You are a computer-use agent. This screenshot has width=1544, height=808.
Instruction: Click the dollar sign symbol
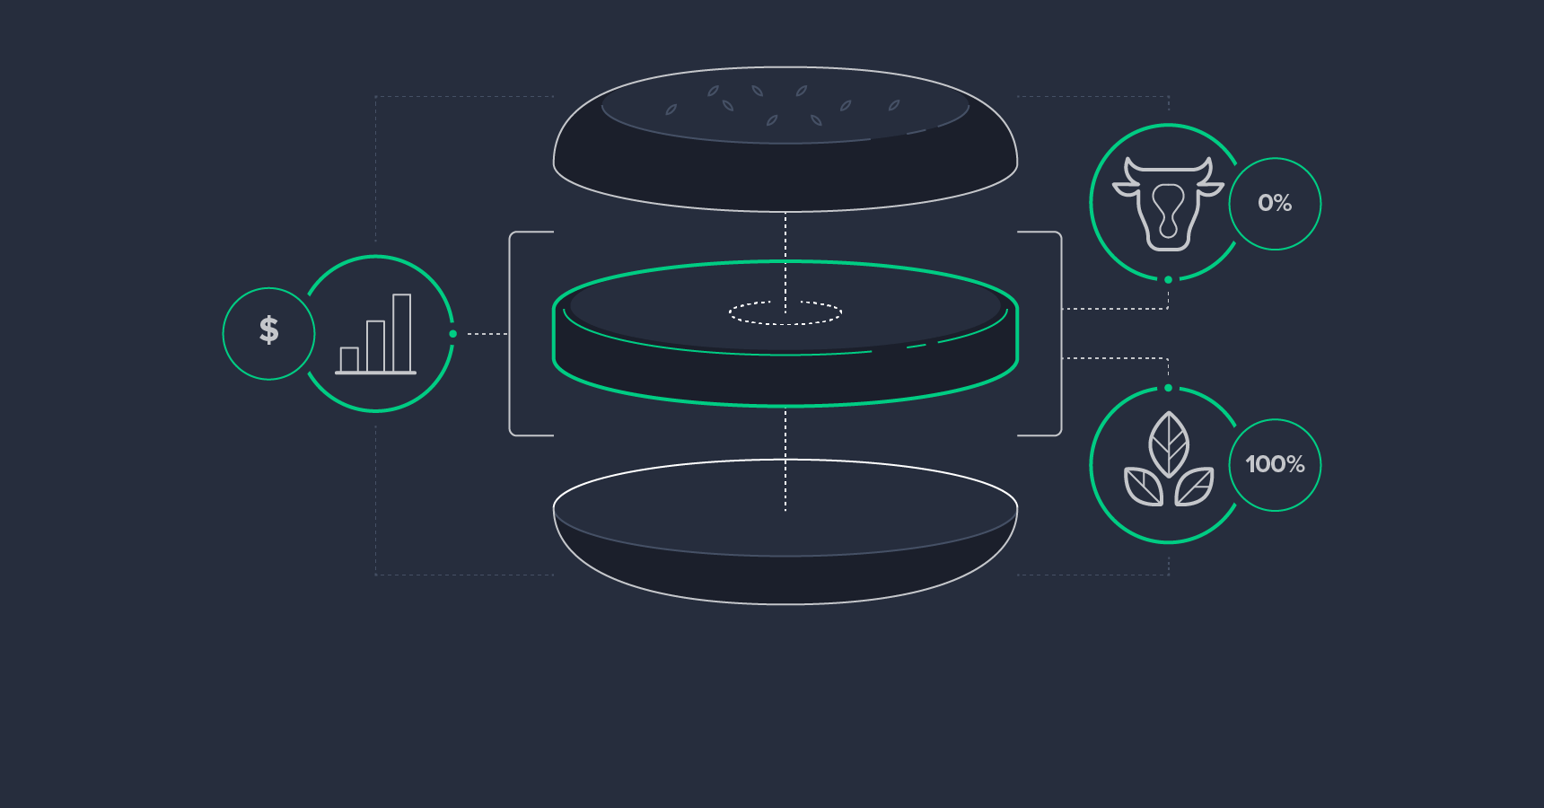point(268,330)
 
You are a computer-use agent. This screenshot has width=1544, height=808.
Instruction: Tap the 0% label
point(1275,203)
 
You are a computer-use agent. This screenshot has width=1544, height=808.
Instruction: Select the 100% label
point(1275,464)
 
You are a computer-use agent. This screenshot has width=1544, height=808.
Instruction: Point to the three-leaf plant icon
point(1169,461)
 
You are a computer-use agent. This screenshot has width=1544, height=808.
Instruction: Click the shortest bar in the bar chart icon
point(349,359)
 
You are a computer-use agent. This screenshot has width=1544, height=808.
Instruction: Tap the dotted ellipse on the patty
point(785,312)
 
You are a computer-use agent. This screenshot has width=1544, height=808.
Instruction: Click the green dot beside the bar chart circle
point(453,334)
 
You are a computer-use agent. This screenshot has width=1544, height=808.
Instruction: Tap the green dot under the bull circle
point(1168,280)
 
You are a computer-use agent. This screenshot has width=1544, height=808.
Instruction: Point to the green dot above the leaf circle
point(1168,388)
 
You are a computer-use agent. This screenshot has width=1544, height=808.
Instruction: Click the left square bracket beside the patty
point(512,334)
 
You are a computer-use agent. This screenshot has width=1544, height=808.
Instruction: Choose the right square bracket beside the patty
point(1059,334)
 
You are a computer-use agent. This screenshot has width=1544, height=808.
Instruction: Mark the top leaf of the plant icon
point(1169,444)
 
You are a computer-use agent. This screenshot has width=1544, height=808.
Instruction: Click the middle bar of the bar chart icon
point(375,346)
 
